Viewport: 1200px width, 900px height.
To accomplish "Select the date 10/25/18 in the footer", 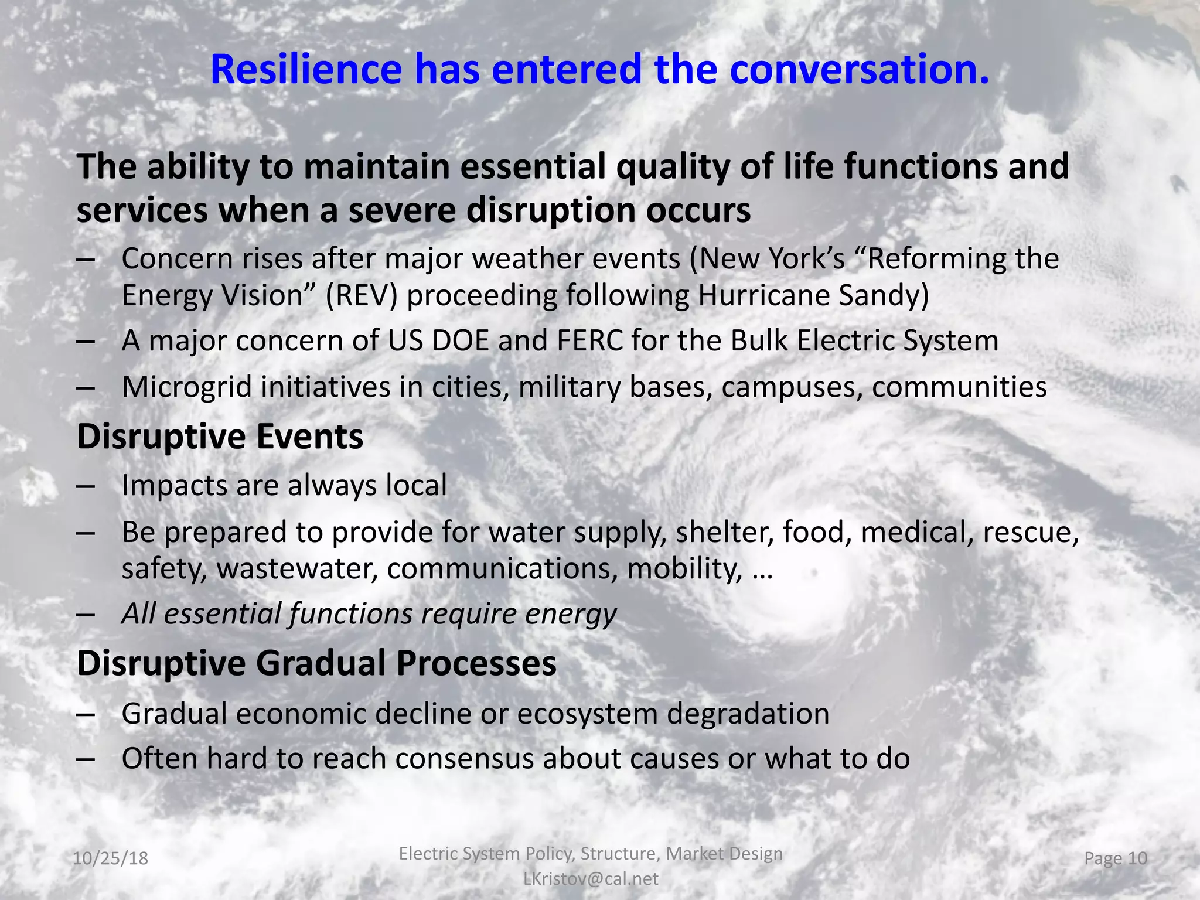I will coord(110,859).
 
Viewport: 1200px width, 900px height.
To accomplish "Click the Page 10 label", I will coord(1115,858).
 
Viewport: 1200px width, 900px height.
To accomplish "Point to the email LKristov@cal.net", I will coord(591,878).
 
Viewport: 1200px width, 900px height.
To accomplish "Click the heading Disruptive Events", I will coord(220,437).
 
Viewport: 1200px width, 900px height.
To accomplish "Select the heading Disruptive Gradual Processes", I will coord(316,663).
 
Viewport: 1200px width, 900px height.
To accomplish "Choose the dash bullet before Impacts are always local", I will coord(86,486).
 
